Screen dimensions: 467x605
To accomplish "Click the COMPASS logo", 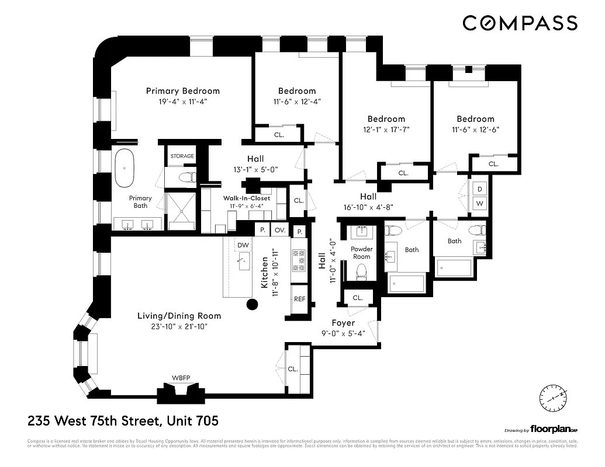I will (520, 23).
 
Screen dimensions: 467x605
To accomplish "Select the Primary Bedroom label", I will (183, 90).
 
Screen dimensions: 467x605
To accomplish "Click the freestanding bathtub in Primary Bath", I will (125, 167).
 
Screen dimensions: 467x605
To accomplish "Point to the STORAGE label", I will (182, 156).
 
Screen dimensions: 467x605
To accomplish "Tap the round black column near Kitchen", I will (252, 304).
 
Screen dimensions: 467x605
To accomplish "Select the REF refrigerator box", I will (299, 298).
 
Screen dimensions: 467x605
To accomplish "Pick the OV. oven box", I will (280, 230).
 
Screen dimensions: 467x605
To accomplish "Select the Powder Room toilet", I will (361, 271).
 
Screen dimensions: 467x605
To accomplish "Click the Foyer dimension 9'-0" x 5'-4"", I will (343, 334).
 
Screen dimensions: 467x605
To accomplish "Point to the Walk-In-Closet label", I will (247, 198).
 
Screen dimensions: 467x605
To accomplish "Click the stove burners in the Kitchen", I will (299, 260).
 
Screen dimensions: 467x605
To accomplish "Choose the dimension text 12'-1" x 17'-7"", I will (386, 130).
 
